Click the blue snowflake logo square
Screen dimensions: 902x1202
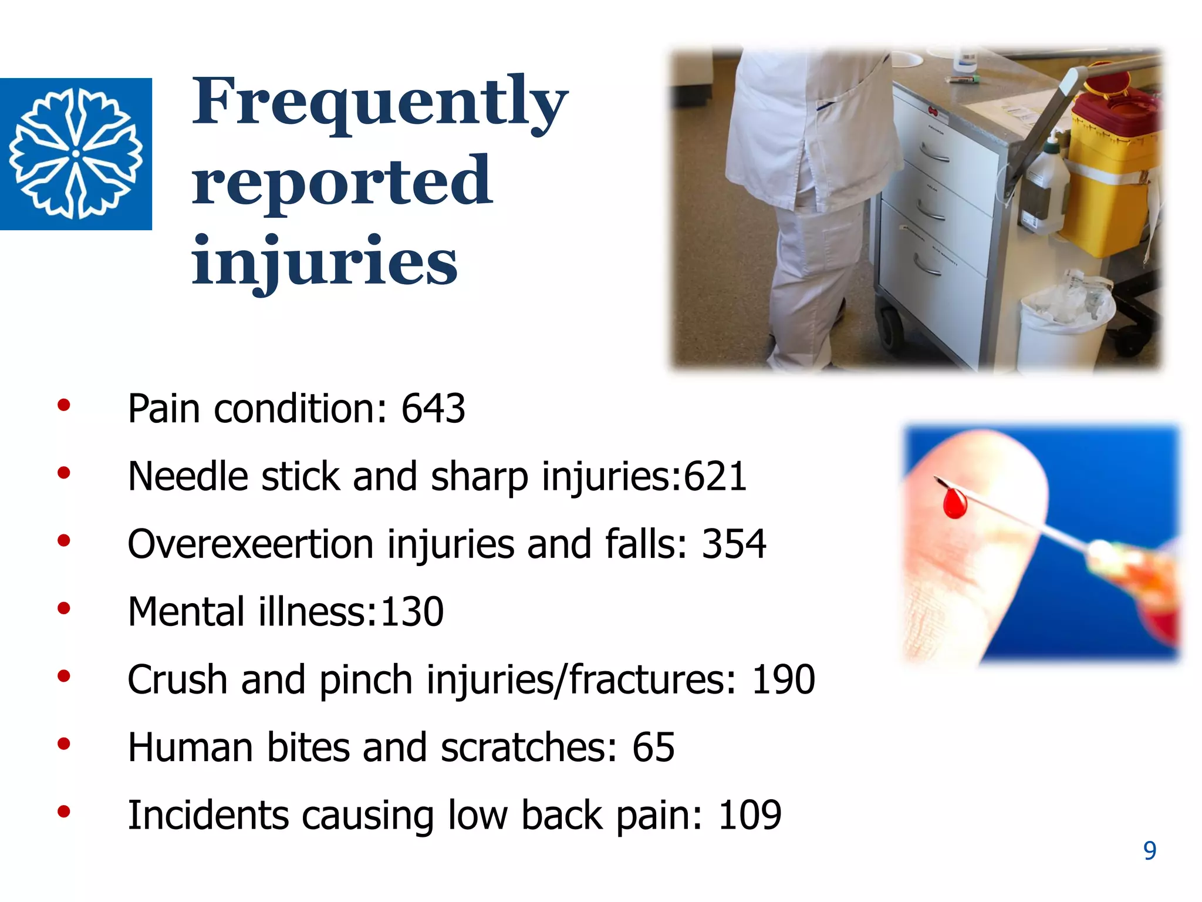click(x=76, y=153)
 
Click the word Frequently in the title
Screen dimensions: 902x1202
click(x=380, y=101)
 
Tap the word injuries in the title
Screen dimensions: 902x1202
click(x=324, y=261)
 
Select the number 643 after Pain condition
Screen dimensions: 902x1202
click(x=433, y=409)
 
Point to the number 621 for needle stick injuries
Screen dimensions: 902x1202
click(x=715, y=476)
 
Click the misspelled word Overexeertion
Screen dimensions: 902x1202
click(x=251, y=544)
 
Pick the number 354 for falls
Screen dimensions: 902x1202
click(x=734, y=544)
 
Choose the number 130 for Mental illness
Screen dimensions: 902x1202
click(x=412, y=612)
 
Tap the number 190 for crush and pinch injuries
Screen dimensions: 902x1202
click(x=783, y=680)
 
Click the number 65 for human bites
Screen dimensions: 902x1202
click(x=653, y=748)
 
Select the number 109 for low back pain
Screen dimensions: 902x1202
click(x=749, y=815)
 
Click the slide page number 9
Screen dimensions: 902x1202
click(x=1150, y=851)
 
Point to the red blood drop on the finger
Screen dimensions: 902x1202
click(x=955, y=503)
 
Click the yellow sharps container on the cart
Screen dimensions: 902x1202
click(x=1109, y=176)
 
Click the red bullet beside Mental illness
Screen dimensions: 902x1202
click(x=64, y=608)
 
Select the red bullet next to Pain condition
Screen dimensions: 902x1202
click(x=64, y=405)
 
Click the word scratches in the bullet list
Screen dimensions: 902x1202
click(x=528, y=748)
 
